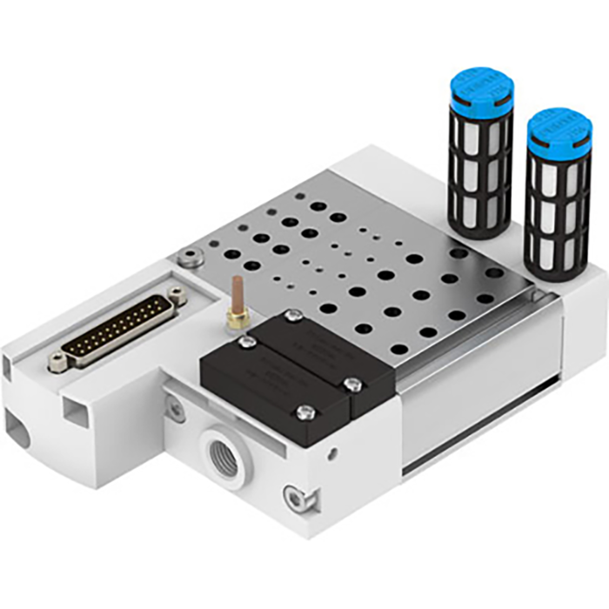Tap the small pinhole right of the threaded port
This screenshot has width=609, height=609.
tap(332, 452)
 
